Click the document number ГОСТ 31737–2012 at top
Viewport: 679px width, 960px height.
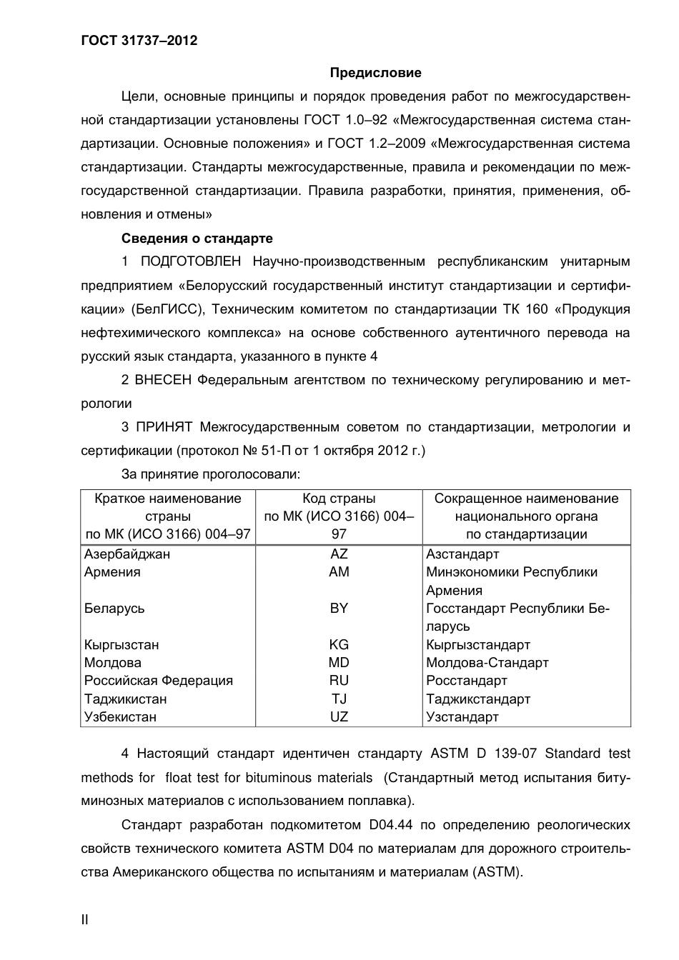tap(139, 41)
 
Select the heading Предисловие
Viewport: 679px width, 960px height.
tap(375, 73)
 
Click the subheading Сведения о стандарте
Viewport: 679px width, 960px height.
tap(197, 239)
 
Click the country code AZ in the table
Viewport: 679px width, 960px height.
tap(339, 554)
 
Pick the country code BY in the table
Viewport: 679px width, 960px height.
tap(339, 609)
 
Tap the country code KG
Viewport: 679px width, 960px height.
tap(339, 645)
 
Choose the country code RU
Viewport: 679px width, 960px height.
tap(339, 681)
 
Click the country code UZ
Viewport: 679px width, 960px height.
tap(339, 717)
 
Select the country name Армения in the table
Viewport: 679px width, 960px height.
tap(112, 572)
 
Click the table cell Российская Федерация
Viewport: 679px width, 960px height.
tap(159, 681)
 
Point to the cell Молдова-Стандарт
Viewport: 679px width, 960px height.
tap(487, 663)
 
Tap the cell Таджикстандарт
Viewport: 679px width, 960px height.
tap(478, 699)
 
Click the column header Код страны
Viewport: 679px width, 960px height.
tap(339, 499)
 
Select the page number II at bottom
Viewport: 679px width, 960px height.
tap(84, 919)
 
